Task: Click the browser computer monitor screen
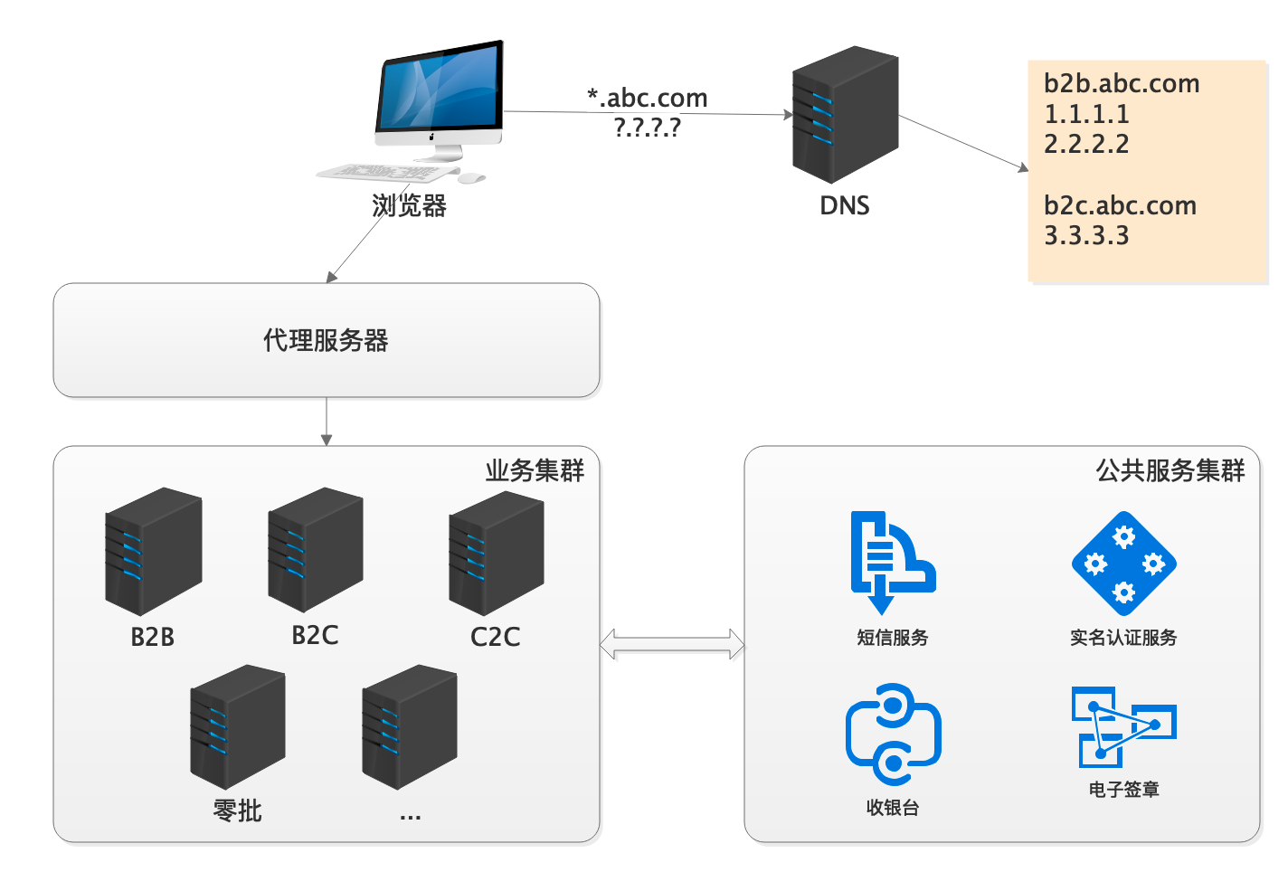click(440, 90)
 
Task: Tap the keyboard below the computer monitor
click(387, 172)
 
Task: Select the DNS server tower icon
click(845, 115)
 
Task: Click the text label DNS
click(844, 206)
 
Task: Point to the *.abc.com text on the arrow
click(647, 98)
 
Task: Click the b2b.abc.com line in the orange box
click(1122, 84)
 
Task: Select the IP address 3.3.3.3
click(1086, 236)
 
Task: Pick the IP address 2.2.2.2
click(1086, 145)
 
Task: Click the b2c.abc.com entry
click(1120, 206)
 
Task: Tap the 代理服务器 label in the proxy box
click(326, 341)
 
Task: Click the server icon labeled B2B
click(153, 551)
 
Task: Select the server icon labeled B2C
click(315, 549)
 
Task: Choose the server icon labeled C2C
click(496, 552)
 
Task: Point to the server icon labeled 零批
click(237, 726)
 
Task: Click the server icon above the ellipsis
click(409, 726)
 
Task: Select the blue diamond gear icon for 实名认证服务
click(1123, 564)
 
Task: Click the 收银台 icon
click(893, 734)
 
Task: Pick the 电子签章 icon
click(1123, 726)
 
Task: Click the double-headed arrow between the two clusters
click(672, 645)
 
